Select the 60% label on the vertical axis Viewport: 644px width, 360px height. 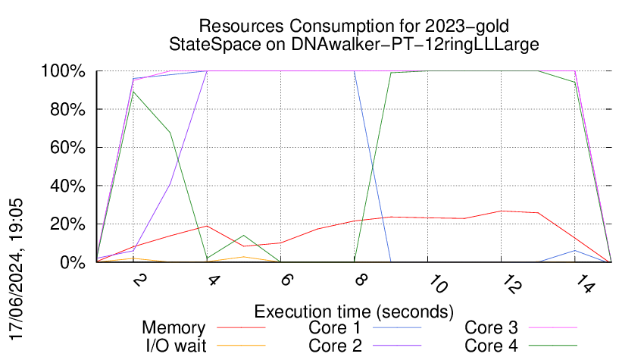(67, 148)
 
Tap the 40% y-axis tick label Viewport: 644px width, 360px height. (67, 186)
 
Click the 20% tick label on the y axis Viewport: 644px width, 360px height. (67, 224)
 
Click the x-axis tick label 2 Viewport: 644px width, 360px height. (139, 280)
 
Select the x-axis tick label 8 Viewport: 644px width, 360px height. (361, 280)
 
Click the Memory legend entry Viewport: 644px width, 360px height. (174, 328)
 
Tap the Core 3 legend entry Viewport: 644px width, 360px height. (491, 328)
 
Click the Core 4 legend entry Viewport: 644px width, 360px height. (491, 345)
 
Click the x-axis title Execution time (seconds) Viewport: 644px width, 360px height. (354, 311)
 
